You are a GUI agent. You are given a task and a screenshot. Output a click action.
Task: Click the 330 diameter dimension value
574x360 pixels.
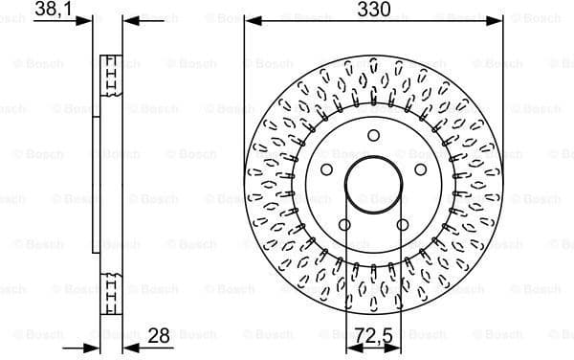click(x=373, y=10)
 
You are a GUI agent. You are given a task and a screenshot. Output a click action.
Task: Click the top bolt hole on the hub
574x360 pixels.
click(x=373, y=135)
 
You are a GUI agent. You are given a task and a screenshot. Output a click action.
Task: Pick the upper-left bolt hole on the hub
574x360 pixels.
click(x=326, y=169)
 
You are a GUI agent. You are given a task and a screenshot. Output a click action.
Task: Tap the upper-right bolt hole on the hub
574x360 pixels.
click(x=420, y=169)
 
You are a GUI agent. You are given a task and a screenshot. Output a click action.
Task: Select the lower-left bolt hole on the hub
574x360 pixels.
click(x=344, y=224)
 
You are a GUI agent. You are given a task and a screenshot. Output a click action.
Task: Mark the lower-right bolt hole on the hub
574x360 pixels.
click(x=403, y=224)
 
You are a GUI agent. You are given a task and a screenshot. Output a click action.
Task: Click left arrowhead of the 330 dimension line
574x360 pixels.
click(x=251, y=19)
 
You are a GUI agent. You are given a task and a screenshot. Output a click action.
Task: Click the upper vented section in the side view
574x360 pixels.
click(x=111, y=78)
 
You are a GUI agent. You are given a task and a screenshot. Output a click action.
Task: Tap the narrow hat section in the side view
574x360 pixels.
click(x=95, y=184)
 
